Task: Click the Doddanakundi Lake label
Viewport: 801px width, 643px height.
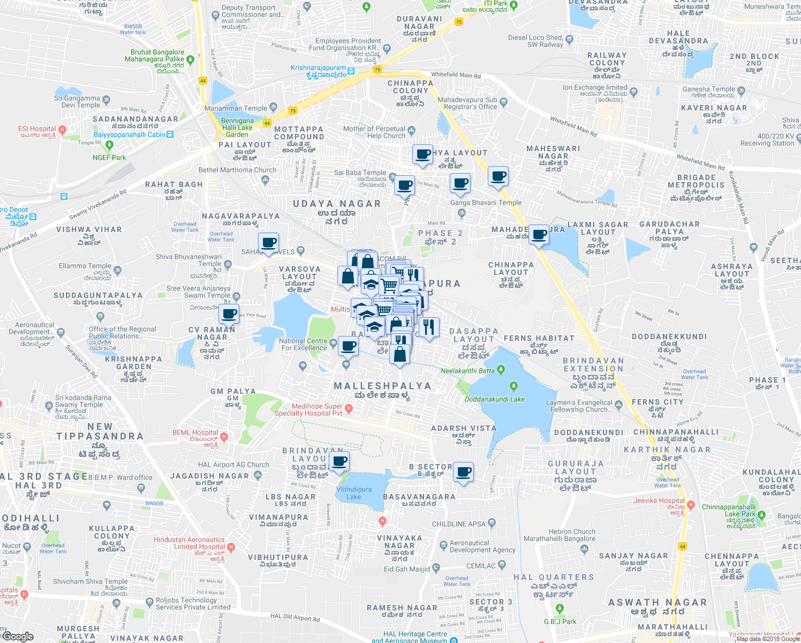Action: tap(495, 399)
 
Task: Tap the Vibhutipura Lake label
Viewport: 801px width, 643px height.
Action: tap(354, 493)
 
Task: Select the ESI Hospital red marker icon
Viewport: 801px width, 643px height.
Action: tap(63, 129)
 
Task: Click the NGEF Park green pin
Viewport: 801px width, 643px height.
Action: tap(110, 145)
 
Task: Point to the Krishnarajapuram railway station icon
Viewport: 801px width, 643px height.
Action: tap(351, 71)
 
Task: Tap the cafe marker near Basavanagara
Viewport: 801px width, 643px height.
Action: tap(464, 473)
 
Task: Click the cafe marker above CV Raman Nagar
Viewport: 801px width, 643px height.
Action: tap(229, 314)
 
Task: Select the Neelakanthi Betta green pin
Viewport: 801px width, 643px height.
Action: tap(501, 369)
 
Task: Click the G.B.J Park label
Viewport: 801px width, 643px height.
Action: tap(560, 622)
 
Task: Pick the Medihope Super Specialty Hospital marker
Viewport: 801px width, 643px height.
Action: tap(349, 409)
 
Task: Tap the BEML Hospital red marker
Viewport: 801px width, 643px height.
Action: tap(224, 437)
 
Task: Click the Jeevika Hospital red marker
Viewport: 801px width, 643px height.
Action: tap(691, 505)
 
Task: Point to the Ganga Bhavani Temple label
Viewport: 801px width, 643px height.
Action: tap(486, 203)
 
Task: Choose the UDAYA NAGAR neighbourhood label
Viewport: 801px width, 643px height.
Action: tap(337, 204)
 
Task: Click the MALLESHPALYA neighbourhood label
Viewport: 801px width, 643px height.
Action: tap(382, 386)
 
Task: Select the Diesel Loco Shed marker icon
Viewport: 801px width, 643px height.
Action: tap(569, 39)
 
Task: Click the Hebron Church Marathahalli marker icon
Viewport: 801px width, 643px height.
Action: tap(584, 549)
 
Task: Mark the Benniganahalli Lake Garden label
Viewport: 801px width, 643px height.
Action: tap(237, 128)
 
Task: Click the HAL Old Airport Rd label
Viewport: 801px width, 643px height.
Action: tap(295, 618)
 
